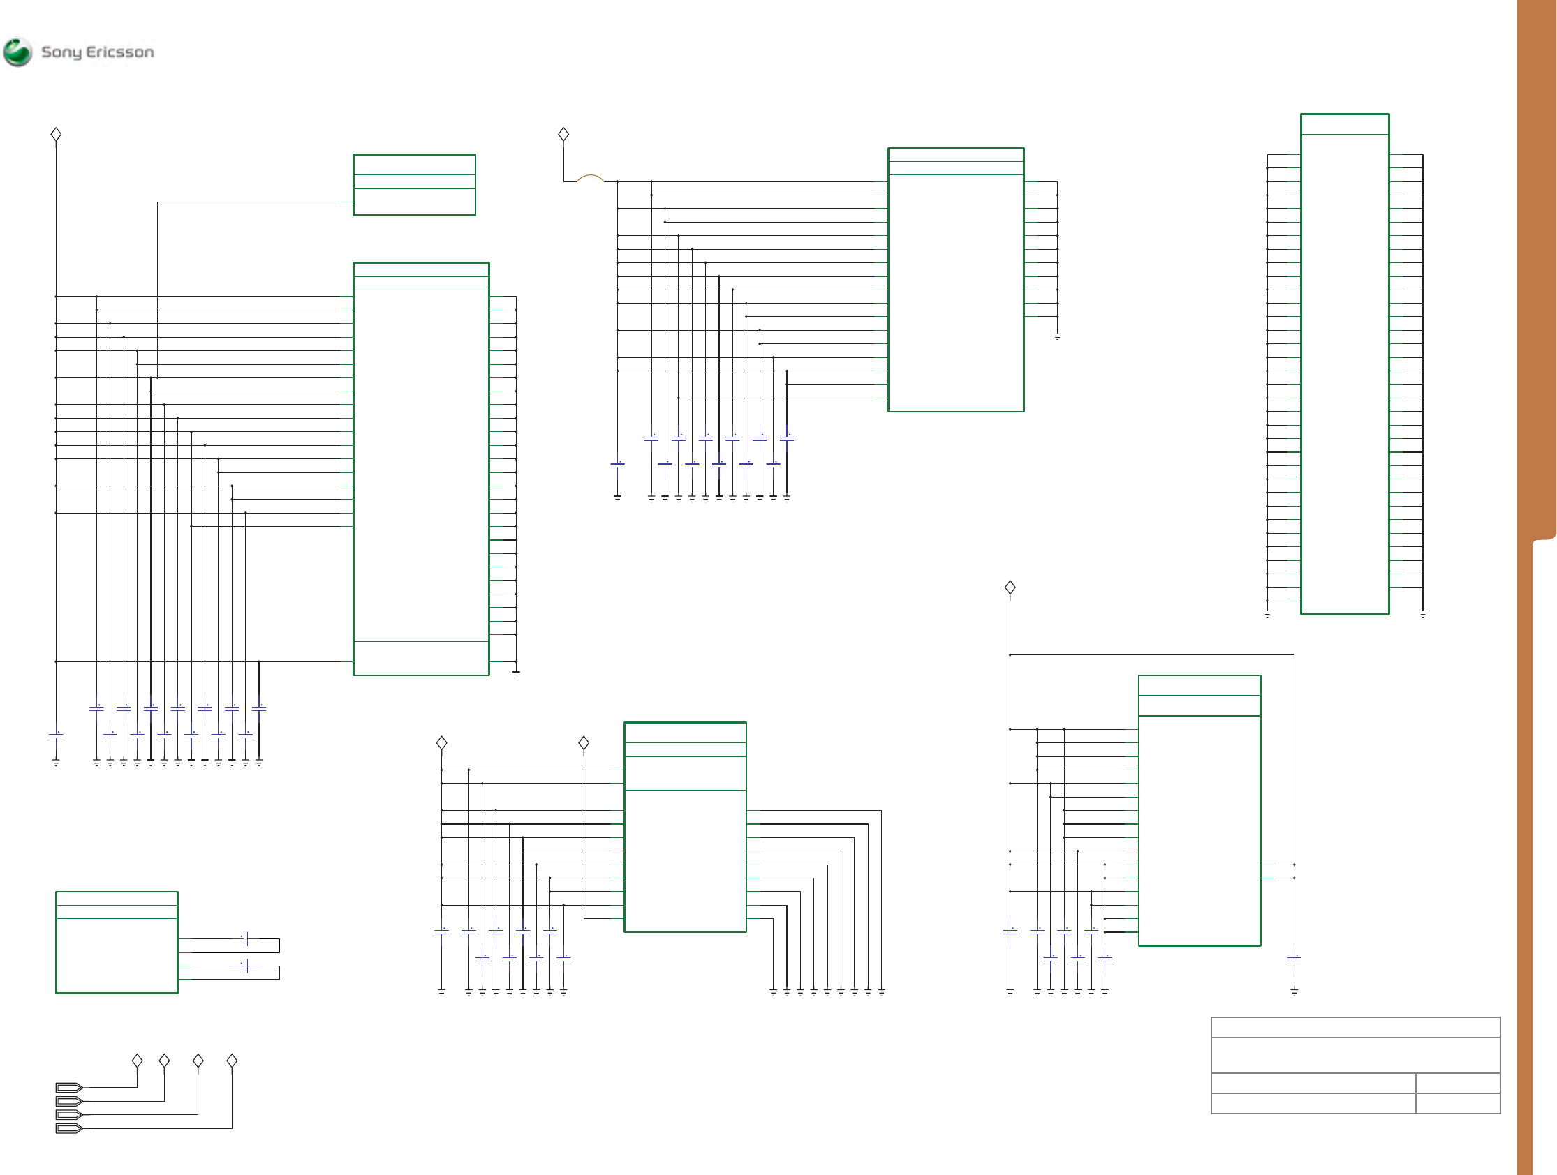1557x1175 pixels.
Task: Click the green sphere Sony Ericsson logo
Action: point(17,52)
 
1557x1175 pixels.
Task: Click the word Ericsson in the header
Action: point(119,52)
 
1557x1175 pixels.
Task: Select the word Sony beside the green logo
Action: point(61,53)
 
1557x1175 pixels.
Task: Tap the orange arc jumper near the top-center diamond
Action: point(591,178)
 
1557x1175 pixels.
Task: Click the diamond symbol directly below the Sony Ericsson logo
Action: point(57,135)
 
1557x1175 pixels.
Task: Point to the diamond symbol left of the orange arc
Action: point(563,135)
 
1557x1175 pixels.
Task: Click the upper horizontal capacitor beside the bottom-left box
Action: point(246,938)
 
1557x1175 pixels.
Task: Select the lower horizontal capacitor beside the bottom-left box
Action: point(246,966)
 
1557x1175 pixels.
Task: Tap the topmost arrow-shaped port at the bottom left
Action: point(70,1088)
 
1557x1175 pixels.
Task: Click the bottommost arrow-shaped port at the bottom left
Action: point(70,1128)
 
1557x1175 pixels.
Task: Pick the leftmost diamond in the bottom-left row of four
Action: point(138,1061)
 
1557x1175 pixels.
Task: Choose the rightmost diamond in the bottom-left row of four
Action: point(232,1061)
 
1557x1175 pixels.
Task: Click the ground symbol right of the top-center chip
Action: point(1057,338)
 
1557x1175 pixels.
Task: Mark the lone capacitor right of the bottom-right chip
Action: point(1294,959)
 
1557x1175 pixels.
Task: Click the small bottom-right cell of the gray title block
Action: point(1458,1103)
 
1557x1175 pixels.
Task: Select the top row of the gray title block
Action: point(1356,1027)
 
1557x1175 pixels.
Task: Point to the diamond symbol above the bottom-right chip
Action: point(1010,587)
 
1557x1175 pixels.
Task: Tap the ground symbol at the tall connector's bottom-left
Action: point(1267,614)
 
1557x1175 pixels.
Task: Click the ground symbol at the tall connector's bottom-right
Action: point(1422,614)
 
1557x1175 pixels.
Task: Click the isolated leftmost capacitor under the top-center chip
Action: point(617,465)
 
